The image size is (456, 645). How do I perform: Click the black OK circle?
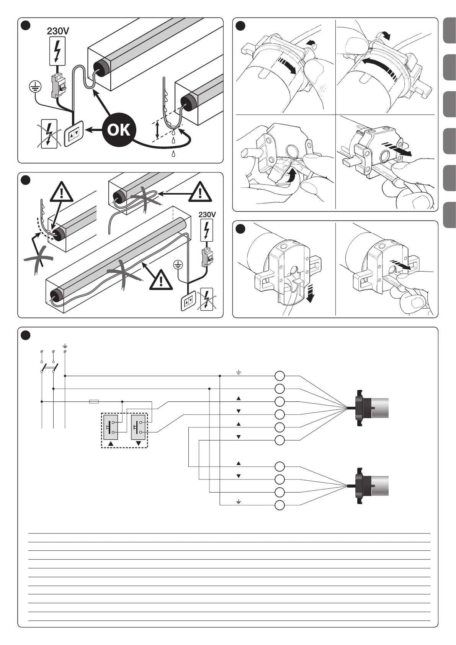(119, 130)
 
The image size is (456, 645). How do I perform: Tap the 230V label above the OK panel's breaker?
(58, 31)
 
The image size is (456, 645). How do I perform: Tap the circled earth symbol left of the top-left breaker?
(35, 87)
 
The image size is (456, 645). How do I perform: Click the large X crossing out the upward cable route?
(38, 260)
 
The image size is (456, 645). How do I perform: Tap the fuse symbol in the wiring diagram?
(94, 401)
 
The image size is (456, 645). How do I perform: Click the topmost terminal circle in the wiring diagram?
(280, 376)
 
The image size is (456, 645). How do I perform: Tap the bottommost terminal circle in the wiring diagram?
(280, 505)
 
